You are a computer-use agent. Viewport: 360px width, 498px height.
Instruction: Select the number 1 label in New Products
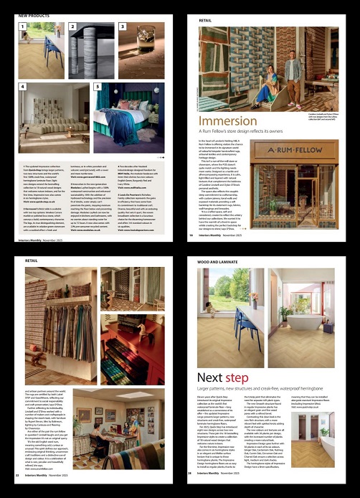(x=22, y=27)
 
